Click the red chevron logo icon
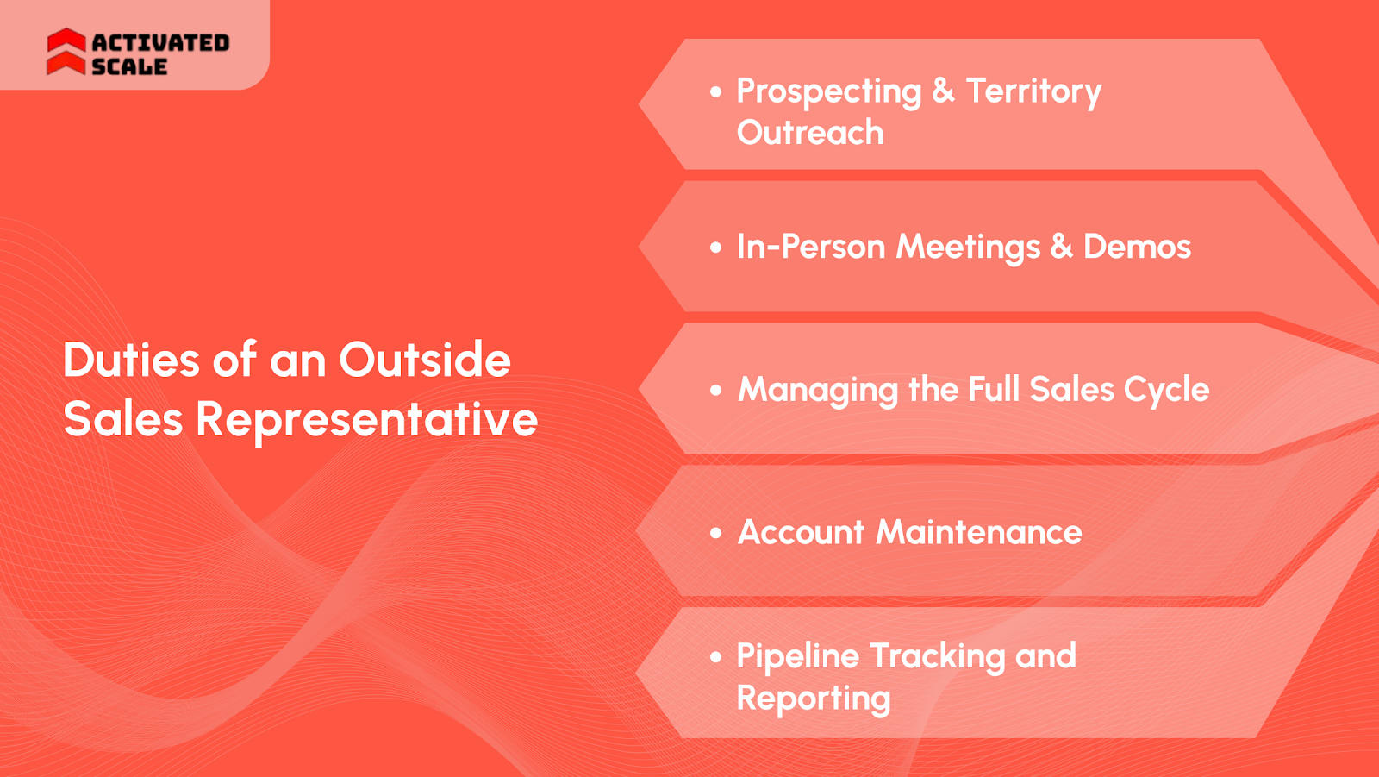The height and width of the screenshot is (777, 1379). click(66, 52)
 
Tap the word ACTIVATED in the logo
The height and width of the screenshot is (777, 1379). click(160, 42)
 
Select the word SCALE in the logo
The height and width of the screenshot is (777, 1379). click(129, 66)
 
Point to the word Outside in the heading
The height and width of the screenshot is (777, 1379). click(424, 360)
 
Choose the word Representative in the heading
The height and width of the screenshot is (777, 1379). click(366, 420)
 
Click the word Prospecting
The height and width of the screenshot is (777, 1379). click(828, 92)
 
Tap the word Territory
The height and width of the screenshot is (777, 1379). click(1033, 91)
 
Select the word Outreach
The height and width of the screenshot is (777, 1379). click(810, 133)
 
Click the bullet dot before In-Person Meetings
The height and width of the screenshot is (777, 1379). click(715, 248)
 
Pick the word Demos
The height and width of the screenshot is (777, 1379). click(1137, 247)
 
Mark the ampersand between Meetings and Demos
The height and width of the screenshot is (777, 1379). click(1061, 247)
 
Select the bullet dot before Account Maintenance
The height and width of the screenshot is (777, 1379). click(715, 534)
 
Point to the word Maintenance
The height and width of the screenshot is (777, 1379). click(978, 532)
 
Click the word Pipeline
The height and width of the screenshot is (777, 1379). click(797, 657)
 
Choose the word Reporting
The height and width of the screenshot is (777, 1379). click(813, 699)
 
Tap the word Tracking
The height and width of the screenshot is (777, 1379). click(937, 657)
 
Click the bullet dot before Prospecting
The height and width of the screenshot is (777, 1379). click(715, 91)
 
